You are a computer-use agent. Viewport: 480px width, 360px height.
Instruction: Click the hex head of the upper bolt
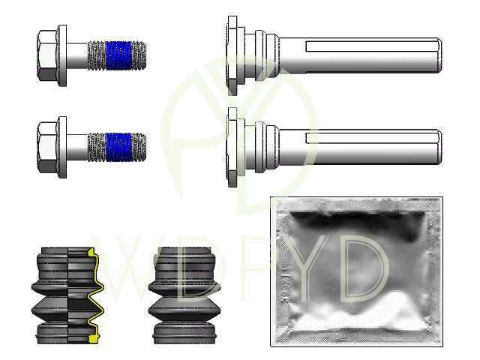tap(47, 55)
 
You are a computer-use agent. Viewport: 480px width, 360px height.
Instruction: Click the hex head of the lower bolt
tap(47, 147)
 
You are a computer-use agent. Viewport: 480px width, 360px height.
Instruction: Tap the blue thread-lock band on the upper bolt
tap(118, 55)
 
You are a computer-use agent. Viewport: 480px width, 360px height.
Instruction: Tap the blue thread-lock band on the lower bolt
tap(118, 147)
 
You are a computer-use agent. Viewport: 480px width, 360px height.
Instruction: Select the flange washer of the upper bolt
tap(62, 55)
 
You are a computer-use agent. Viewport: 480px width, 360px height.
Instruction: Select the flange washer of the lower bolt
tap(62, 147)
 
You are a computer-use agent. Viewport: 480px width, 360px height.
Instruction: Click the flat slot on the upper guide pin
tap(372, 46)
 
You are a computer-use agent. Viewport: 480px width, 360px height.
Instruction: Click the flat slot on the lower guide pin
tap(372, 138)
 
